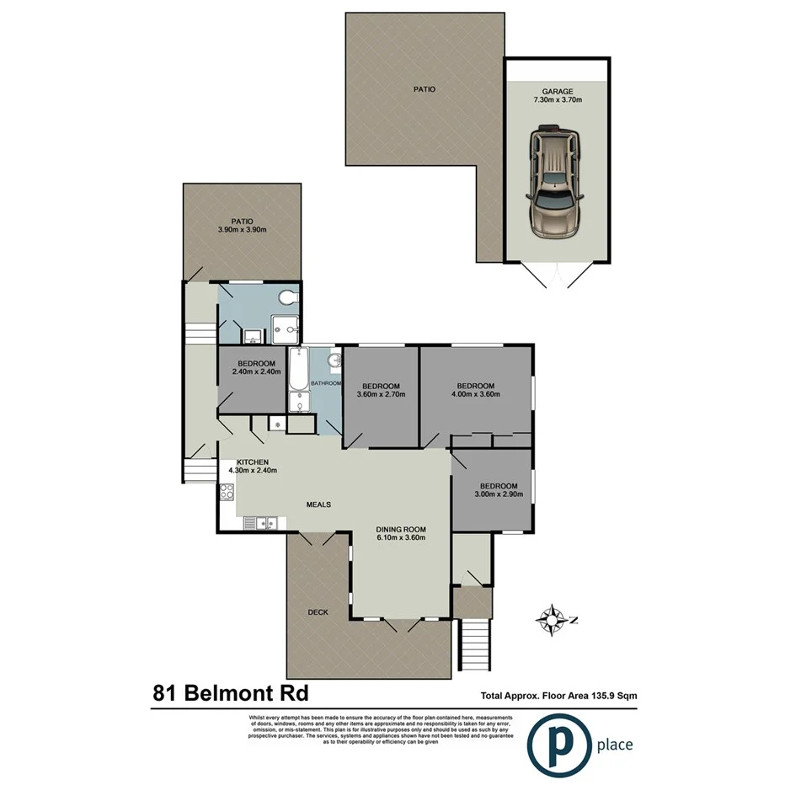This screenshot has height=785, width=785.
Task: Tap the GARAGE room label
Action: point(558,91)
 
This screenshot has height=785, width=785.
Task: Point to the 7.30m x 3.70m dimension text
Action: point(558,100)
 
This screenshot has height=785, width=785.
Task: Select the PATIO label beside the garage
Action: point(424,88)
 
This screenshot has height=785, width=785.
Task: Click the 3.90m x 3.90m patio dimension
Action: point(243,230)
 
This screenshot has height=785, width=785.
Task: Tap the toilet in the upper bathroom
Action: point(289,297)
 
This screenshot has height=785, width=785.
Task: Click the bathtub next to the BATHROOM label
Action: point(297,381)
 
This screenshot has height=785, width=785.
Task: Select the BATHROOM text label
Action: point(326,384)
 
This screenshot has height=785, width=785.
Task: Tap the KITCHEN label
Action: point(253,462)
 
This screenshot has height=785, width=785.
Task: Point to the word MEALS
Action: point(318,505)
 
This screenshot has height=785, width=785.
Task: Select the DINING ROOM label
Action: point(400,529)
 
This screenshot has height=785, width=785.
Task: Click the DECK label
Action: point(318,612)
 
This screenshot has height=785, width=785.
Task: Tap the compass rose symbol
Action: point(552,621)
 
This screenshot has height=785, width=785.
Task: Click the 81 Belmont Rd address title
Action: point(230,694)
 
